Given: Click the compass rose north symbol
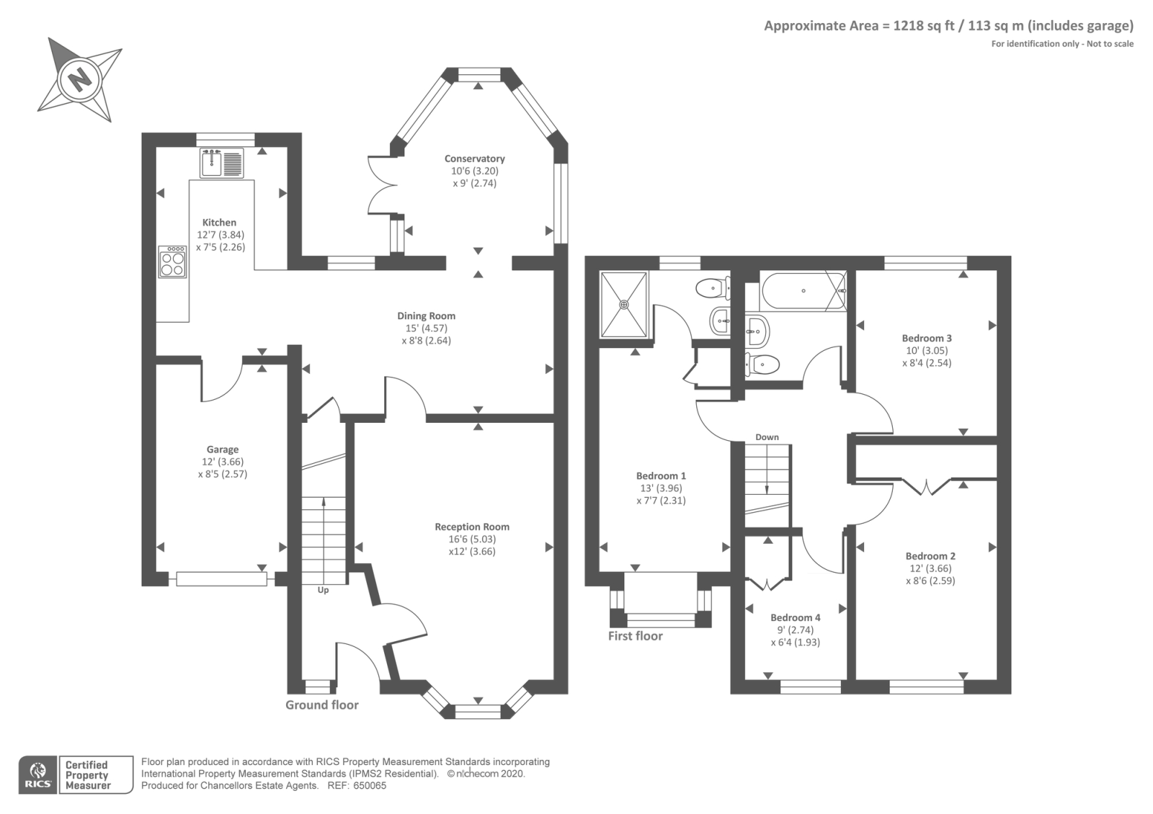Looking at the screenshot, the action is tap(80, 80).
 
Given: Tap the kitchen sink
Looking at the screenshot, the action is tap(222, 163).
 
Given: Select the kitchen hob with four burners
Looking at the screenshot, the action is tap(172, 262).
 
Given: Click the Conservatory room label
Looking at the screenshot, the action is tap(475, 158).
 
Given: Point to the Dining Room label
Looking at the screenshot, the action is tap(426, 316).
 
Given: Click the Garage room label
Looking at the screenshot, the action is tap(223, 450).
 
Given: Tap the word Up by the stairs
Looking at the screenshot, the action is tap(323, 590).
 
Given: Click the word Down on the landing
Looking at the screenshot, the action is tap(767, 437).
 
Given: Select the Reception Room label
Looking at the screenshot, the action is tap(472, 527).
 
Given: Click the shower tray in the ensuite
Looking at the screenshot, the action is tap(624, 305).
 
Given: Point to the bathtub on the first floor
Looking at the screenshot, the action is tap(803, 291).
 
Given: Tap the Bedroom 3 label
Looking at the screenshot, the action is tap(927, 338).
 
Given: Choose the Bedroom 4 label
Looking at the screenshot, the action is tap(796, 617).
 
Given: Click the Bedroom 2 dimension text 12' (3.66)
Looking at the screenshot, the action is tap(930, 568).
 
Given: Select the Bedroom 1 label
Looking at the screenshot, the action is tap(661, 476).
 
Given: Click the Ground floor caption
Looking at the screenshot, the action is tap(322, 705).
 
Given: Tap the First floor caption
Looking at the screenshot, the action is tap(635, 636).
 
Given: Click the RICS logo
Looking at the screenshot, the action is tap(38, 775).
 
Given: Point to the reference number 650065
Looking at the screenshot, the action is tap(370, 786).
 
